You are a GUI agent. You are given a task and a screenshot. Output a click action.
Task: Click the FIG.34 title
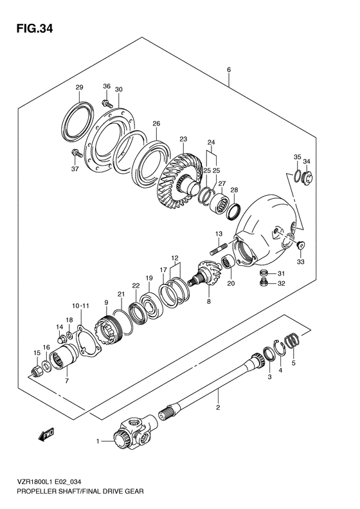coord(35,28)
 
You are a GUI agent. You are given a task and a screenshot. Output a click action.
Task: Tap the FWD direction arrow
coord(46,435)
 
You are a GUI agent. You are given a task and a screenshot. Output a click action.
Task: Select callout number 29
coord(80,88)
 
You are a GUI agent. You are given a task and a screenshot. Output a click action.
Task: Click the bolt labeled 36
coord(107,104)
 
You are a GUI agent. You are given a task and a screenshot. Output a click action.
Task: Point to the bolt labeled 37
coord(76,153)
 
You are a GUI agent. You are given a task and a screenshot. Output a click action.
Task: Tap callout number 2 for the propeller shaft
coord(218,407)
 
